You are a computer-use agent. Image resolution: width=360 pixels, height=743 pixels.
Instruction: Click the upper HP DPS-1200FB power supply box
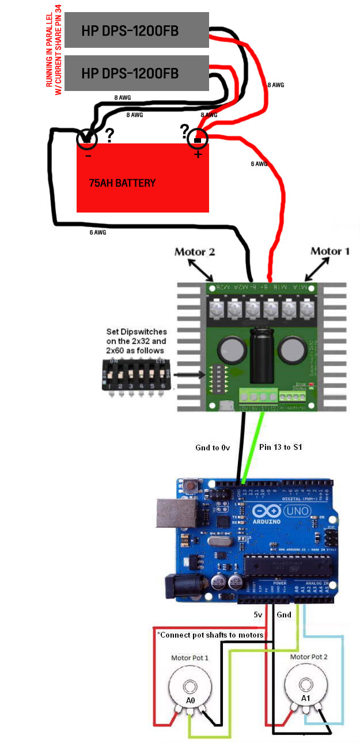137,30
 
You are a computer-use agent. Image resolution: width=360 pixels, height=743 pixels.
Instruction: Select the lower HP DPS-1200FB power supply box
137,73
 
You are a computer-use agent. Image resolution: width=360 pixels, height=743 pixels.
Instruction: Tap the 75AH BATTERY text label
122,183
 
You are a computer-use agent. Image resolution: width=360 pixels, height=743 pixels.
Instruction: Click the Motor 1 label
329,251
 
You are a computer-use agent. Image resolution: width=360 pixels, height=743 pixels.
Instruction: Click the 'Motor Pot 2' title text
309,657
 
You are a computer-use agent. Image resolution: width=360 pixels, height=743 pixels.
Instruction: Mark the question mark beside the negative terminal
109,135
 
